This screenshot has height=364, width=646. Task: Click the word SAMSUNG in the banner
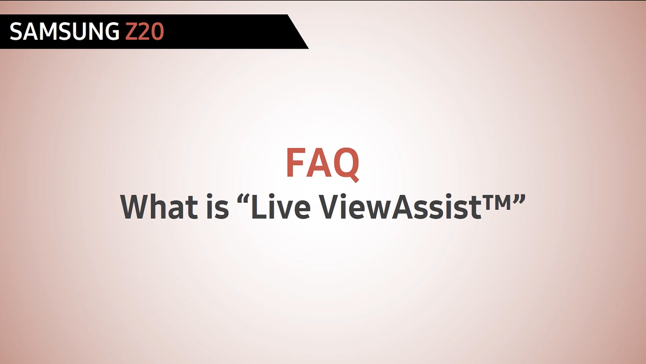[64, 31]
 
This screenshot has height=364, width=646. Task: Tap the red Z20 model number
[145, 31]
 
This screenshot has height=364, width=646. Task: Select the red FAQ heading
[322, 164]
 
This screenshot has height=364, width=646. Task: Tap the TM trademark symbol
[496, 201]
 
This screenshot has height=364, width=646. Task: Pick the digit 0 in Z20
[158, 31]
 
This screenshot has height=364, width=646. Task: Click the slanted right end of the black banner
[298, 31]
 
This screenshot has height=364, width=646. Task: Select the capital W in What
[135, 207]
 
